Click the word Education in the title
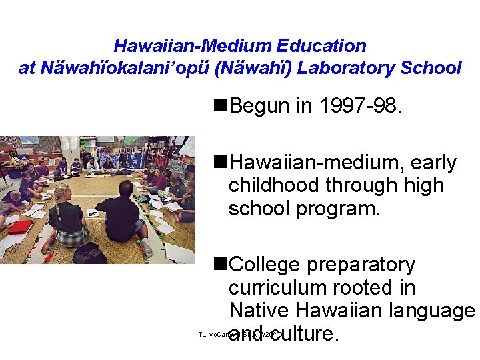[x=327, y=46]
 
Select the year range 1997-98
[x=361, y=105]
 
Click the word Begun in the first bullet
[x=261, y=105]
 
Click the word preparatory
[x=361, y=265]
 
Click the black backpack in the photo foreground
[x=89, y=253]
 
